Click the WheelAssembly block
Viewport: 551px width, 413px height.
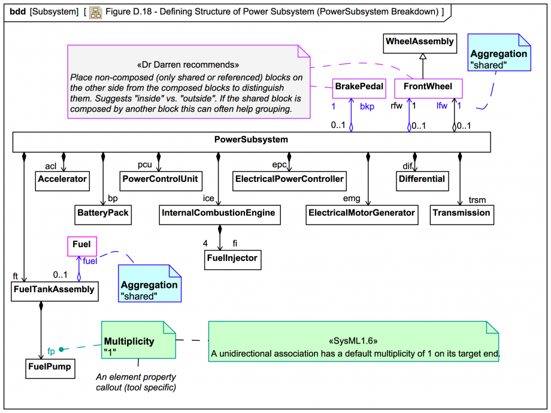pos(419,42)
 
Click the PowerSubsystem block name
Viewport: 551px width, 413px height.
pos(251,140)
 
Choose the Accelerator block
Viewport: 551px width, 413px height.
pos(62,179)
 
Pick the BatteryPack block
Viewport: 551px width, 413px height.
pos(103,212)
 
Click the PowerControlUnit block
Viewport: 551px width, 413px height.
pos(161,179)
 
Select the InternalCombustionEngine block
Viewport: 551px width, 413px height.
pos(220,212)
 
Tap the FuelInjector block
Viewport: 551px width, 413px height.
pos(232,258)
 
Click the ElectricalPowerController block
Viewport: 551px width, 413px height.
pos(290,179)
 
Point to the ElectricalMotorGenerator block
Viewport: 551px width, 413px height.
pos(362,212)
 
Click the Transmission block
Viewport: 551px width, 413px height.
pos(462,212)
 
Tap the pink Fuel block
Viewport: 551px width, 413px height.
pos(81,244)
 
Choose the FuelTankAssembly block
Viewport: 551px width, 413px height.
pos(54,290)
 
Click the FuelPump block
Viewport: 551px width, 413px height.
pos(50,367)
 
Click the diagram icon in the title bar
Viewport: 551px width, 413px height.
pos(95,11)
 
